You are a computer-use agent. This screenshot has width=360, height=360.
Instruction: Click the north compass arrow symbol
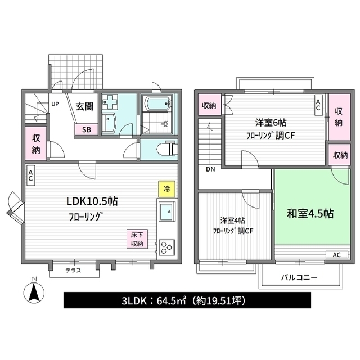tap(33, 292)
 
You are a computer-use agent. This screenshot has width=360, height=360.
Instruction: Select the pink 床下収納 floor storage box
tap(137, 239)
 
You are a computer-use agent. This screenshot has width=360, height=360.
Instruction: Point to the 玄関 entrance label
tap(85, 105)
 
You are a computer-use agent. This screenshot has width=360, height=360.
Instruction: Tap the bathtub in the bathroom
tap(158, 104)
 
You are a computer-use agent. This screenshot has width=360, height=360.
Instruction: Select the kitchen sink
tap(166, 213)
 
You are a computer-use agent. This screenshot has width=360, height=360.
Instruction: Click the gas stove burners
tap(167, 246)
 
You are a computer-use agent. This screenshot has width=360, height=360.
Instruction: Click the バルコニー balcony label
tap(299, 278)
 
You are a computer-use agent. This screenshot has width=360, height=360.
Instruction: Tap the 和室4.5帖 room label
tap(310, 214)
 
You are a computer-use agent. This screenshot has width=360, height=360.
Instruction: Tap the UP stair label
tap(55, 104)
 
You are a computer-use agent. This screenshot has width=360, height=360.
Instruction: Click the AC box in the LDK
tap(30, 175)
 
